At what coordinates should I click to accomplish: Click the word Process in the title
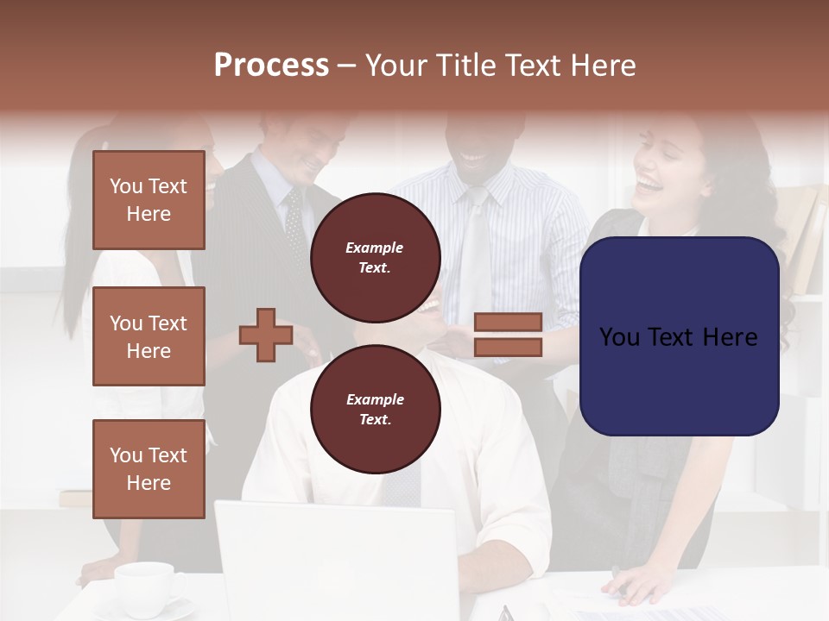pos(271,66)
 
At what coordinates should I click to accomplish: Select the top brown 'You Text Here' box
pos(149,200)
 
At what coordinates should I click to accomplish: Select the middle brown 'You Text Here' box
pos(149,336)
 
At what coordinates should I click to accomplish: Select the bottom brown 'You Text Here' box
pos(149,469)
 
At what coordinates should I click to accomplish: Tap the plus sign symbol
pos(266,335)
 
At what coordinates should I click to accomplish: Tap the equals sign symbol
pos(508,335)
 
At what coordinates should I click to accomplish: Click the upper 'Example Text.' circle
pos(375,257)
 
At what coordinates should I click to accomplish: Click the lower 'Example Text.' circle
pos(375,409)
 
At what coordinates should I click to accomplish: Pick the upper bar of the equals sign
pos(508,323)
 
